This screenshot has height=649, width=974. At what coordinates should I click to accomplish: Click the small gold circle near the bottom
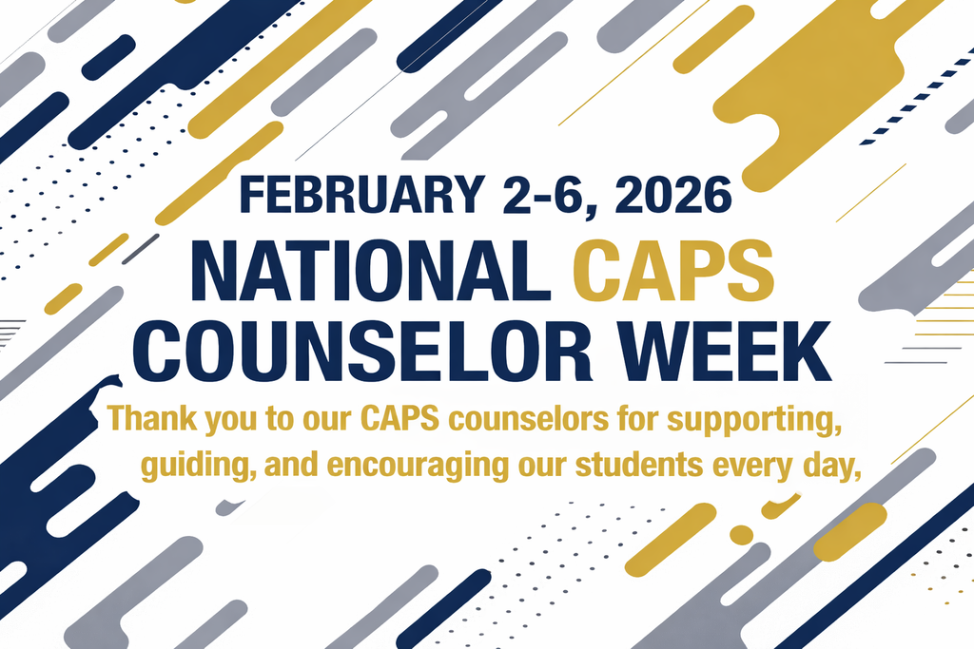point(741,534)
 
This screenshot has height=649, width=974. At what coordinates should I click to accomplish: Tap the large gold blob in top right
point(818,86)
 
